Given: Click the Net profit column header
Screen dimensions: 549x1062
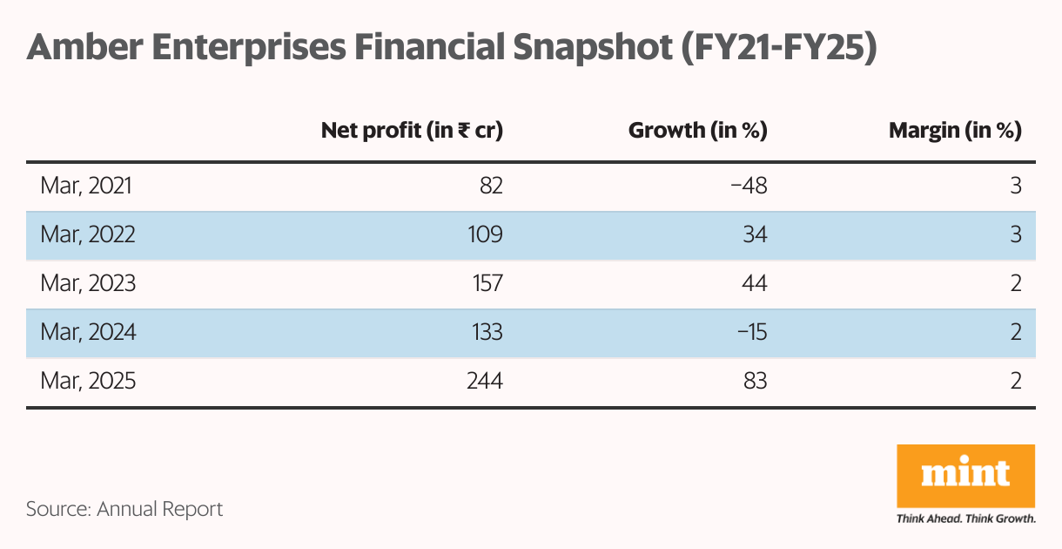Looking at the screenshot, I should tap(412, 131).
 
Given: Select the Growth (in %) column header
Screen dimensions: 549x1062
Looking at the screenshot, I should tap(697, 131).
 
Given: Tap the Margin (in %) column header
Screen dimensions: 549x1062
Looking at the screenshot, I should tap(954, 131).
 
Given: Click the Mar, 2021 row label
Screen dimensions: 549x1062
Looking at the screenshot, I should tap(87, 186).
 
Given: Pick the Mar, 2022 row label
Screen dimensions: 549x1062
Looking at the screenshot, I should tap(88, 234).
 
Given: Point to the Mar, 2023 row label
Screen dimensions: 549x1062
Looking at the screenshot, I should tap(88, 283).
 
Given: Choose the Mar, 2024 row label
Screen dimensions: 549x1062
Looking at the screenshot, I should tap(88, 332).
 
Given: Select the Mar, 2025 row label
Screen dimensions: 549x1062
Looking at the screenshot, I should tap(88, 381).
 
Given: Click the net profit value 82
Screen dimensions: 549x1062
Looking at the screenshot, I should tap(489, 186).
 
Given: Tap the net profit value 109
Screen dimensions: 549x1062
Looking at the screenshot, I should tap(484, 234).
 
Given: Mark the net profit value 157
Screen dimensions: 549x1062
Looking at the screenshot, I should tap(484, 283).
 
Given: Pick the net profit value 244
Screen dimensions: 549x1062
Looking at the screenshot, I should tap(483, 381).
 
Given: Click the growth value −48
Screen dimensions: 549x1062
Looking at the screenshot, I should tap(749, 186).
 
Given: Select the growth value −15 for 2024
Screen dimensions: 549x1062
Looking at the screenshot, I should tap(750, 332).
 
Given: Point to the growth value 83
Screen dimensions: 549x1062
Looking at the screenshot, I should tap(754, 381).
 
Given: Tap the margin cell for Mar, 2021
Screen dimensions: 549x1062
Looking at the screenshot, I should tap(1015, 186).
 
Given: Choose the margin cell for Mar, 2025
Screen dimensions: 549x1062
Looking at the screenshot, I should tap(1015, 381).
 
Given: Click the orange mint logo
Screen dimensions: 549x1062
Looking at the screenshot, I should tap(965, 476).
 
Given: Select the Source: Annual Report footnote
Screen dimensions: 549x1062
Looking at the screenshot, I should tap(124, 509).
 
